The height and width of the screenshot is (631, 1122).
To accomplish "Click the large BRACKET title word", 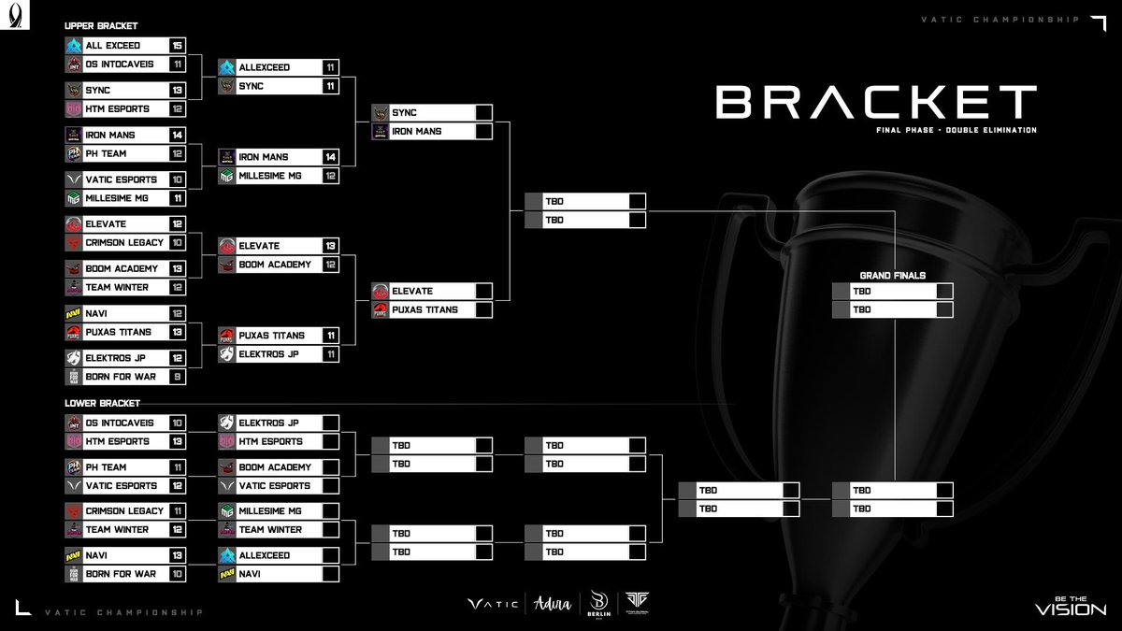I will click(x=876, y=102).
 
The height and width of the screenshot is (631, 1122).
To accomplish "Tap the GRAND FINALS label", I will click(x=892, y=276).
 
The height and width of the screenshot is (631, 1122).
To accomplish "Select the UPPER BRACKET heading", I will click(x=101, y=26).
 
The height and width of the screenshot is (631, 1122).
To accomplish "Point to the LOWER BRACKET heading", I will click(x=102, y=403).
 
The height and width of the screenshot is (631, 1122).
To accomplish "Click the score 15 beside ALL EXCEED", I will click(x=177, y=46).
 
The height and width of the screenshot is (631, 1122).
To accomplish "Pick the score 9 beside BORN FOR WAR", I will click(x=177, y=377).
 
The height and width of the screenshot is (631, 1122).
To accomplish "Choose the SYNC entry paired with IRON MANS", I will click(x=431, y=113).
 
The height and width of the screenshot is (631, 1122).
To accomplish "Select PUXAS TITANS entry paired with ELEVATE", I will click(x=431, y=309).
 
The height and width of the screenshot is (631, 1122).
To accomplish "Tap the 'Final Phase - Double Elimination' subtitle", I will click(x=950, y=130).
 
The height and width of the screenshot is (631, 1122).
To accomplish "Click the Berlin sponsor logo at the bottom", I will click(x=599, y=605).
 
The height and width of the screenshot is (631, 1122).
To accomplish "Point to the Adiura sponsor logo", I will click(x=552, y=605).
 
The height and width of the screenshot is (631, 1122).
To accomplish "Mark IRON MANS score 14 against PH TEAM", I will click(x=177, y=135).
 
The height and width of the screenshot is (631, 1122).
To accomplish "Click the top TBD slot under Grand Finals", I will click(x=892, y=291).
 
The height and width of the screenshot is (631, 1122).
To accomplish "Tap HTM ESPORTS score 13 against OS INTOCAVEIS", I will click(x=177, y=441).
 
